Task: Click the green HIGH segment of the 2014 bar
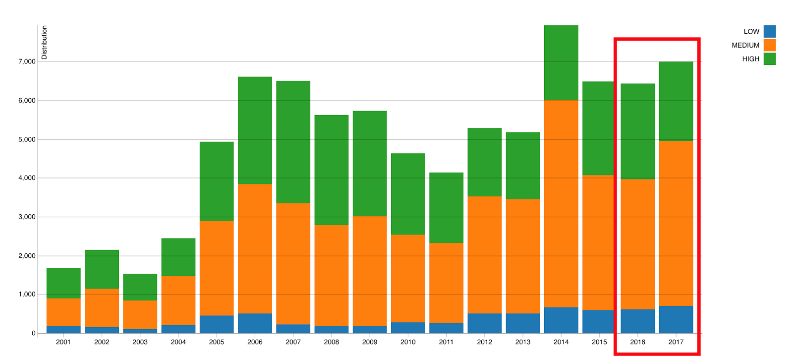561,62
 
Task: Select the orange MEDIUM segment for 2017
676,223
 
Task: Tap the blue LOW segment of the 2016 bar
638,321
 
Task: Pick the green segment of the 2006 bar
255,130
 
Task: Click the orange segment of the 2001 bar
63,312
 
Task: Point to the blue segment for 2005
217,324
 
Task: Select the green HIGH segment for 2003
140,287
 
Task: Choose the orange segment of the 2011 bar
446,283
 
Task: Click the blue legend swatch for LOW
769,31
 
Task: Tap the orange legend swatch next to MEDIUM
769,45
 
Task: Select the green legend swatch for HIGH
769,59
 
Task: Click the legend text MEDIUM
745,45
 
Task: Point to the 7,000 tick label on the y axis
27,61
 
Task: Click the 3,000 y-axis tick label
27,217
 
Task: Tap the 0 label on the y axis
33,333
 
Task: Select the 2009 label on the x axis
370,342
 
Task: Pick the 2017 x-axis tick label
676,342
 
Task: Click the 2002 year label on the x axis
102,342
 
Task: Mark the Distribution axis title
44,43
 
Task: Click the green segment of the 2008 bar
332,170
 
